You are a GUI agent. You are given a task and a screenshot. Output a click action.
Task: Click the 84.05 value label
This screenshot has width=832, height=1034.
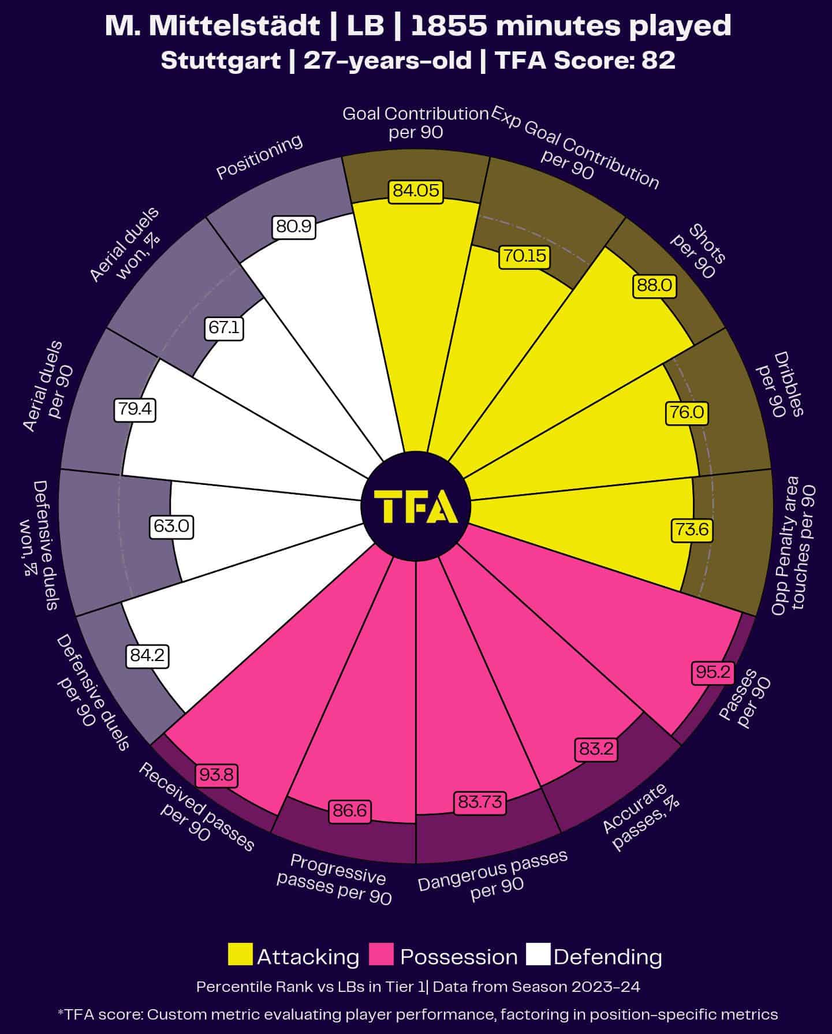(416, 191)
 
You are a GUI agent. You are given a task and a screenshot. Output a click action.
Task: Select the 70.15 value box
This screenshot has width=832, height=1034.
(524, 256)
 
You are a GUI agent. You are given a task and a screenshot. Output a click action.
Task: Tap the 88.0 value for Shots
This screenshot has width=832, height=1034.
(655, 286)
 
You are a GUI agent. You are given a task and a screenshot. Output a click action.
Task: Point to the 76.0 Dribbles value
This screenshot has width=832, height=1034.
(687, 413)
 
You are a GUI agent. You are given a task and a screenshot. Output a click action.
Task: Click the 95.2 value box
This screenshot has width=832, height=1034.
(714, 672)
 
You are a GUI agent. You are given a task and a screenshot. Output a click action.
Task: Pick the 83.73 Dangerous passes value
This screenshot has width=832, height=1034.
(480, 802)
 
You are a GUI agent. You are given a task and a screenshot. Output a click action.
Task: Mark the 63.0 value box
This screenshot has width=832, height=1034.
(171, 527)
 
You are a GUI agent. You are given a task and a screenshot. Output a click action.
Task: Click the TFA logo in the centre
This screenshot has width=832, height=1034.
(416, 506)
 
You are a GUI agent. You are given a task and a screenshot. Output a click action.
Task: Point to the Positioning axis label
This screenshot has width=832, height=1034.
(259, 156)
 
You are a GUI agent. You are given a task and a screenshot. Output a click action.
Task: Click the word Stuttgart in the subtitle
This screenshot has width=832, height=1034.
(221, 60)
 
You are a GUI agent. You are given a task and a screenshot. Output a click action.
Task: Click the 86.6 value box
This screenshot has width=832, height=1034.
(350, 811)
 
